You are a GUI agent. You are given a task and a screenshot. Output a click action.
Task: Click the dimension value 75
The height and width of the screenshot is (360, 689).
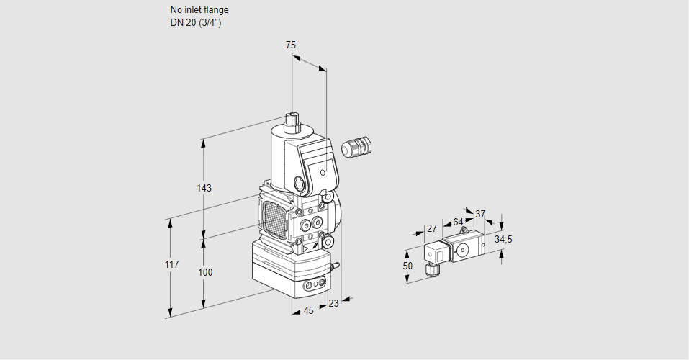[x=291, y=45]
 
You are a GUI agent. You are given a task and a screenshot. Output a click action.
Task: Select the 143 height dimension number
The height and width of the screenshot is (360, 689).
[x=204, y=189]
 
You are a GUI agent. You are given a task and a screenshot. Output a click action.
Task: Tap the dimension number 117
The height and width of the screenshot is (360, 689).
[x=171, y=265]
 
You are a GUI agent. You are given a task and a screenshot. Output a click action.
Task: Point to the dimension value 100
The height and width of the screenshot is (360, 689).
[x=205, y=272]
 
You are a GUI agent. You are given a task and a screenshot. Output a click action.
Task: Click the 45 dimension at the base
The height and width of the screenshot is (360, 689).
[x=308, y=311]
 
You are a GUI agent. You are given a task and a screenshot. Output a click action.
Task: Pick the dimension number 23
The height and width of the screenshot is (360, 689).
[x=333, y=303]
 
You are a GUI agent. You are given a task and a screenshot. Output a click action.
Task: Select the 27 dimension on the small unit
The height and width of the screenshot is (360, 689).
[x=432, y=228]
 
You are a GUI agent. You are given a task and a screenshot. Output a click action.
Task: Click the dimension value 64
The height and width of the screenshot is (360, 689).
[x=458, y=222]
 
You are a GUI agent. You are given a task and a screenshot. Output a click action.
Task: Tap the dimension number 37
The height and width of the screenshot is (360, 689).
[x=480, y=214]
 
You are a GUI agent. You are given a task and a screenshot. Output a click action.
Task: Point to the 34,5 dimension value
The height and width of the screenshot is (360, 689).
[x=504, y=239]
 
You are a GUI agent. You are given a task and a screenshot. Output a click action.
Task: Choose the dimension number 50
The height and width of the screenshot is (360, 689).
[x=408, y=266]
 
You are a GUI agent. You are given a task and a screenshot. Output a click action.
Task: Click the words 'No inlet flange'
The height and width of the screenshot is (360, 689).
[x=199, y=10]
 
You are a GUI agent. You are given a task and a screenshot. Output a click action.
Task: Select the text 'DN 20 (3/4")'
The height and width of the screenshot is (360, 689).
[x=196, y=23]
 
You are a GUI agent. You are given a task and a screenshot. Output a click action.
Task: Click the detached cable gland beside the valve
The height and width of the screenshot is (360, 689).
[x=355, y=148]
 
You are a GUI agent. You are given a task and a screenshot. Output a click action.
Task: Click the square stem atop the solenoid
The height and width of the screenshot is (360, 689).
[x=292, y=119]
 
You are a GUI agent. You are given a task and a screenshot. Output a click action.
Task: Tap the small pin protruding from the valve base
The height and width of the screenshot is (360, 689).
[x=333, y=266]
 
